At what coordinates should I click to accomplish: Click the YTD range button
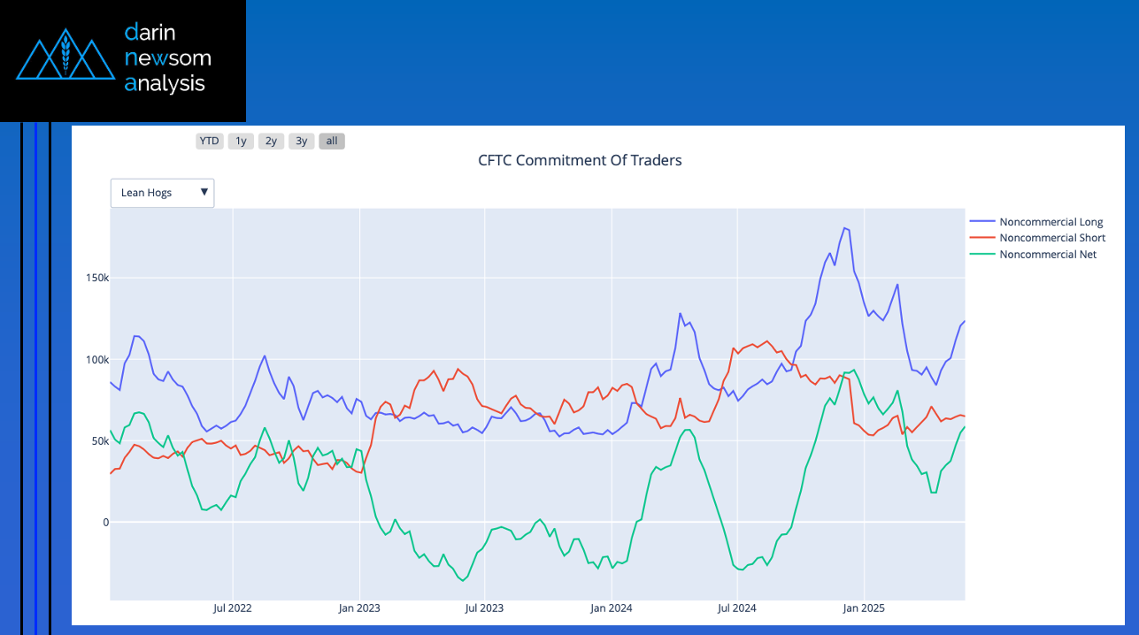point(209,141)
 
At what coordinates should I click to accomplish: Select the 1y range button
point(241,141)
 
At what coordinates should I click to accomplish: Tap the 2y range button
point(271,141)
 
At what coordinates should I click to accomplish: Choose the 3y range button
point(302,141)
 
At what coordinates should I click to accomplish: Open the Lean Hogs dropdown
point(163,193)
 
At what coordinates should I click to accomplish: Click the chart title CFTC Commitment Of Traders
point(580,160)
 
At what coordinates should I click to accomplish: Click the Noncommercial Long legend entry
point(1050,222)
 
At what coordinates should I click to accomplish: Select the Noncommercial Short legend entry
point(1051,238)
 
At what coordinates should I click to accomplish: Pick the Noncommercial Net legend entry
point(1047,254)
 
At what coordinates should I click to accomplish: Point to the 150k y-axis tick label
point(95,278)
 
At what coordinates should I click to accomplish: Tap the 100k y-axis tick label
point(95,359)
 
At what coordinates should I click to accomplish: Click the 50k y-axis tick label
point(97,440)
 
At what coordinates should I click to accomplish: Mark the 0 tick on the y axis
point(105,522)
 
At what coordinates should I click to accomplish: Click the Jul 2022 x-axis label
point(233,608)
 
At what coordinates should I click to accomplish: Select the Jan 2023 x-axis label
point(359,608)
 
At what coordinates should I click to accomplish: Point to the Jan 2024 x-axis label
point(612,608)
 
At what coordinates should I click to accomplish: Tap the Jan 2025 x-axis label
point(864,608)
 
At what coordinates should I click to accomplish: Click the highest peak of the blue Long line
point(844,228)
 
